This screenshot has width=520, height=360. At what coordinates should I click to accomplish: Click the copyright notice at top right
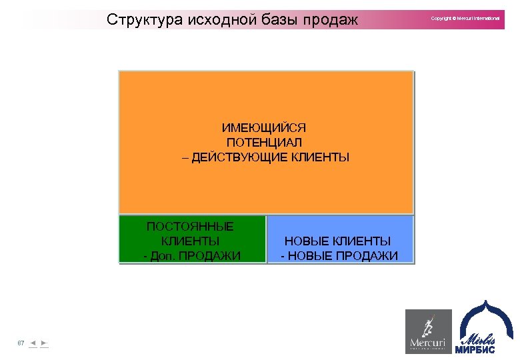click(465, 18)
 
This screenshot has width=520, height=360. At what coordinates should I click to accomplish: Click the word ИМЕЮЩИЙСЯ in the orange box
click(264, 127)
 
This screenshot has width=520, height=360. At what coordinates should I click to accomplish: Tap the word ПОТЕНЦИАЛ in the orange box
click(264, 143)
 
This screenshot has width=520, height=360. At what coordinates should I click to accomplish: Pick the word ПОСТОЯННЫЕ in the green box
click(190, 226)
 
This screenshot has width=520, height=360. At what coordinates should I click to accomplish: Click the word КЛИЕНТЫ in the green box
click(190, 241)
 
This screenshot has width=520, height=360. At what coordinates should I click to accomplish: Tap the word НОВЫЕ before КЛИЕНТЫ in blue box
click(307, 241)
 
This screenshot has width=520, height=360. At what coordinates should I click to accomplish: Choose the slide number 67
click(21, 343)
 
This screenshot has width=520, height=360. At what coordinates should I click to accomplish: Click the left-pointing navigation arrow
click(33, 343)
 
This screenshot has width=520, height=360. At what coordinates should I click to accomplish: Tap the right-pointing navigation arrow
click(43, 343)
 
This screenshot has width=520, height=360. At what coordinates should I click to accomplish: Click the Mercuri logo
click(428, 331)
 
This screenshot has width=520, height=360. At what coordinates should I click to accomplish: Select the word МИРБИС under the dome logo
click(475, 349)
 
